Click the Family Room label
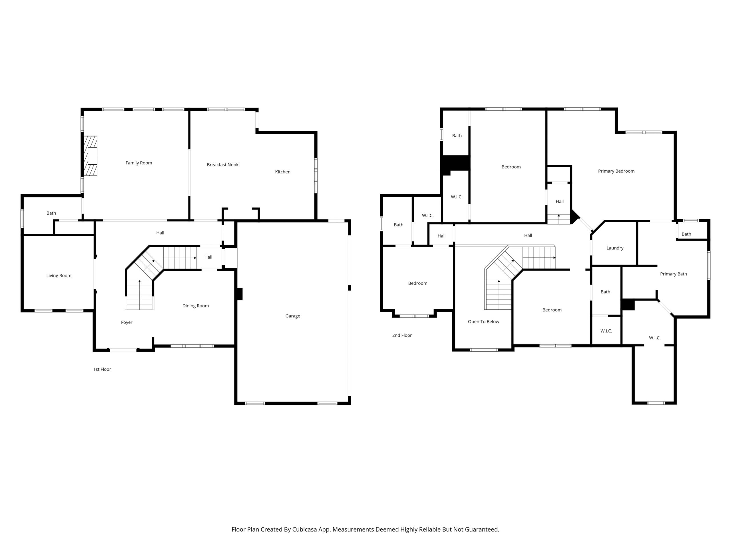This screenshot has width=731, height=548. click(x=139, y=163)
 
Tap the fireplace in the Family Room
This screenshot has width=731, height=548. click(x=90, y=156)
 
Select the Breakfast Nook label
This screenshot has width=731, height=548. click(x=222, y=164)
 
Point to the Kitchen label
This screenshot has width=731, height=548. click(x=283, y=172)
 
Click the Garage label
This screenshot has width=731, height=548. click(x=292, y=316)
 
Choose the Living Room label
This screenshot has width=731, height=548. click(x=59, y=275)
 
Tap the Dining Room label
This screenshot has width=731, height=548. click(x=196, y=306)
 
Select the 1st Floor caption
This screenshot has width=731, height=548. click(x=102, y=369)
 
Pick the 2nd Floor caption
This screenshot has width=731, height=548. click(x=402, y=335)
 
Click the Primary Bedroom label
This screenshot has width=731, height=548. click(x=616, y=171)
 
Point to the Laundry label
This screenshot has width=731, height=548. click(x=615, y=248)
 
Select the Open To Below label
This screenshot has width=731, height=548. click(x=483, y=322)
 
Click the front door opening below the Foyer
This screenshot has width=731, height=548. click(x=123, y=350)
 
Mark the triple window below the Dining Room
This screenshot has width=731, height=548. click(x=192, y=346)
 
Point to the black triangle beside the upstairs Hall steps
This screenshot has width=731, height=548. click(x=575, y=217)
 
